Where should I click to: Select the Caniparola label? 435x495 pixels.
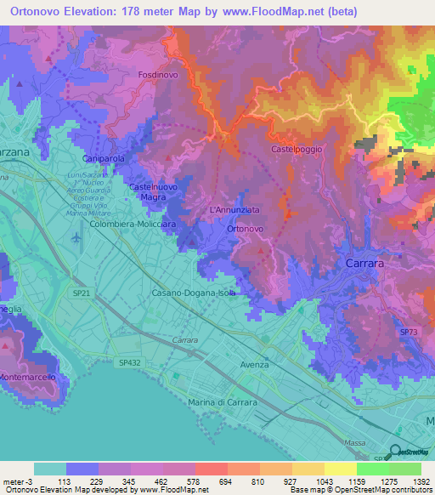click(x=104, y=159)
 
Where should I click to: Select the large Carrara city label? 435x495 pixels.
click(x=364, y=265)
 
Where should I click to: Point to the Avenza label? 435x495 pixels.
click(x=253, y=364)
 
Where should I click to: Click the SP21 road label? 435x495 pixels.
click(x=82, y=292)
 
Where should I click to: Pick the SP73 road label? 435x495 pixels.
click(x=409, y=333)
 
